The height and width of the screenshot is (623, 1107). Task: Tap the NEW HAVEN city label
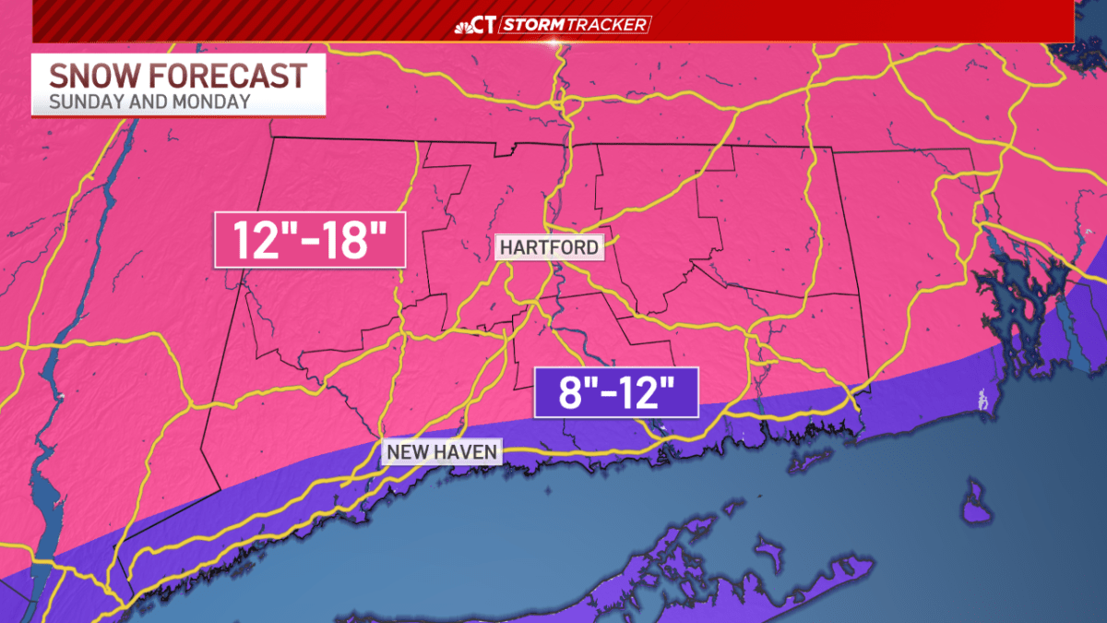443,452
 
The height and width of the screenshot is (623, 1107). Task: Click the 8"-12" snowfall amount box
616,395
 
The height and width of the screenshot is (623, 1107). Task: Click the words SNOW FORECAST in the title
177,75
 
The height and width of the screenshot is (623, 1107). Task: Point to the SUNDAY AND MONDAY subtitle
149,102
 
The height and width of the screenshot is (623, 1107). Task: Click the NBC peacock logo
464,26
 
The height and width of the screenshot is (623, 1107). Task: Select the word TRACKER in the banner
613,25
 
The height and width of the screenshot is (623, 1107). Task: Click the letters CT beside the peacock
487,26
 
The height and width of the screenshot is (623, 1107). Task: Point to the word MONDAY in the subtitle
212,102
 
